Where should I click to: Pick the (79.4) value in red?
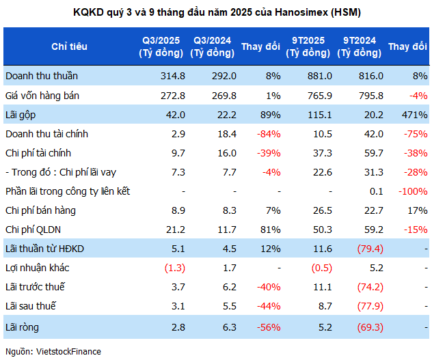point(363,249)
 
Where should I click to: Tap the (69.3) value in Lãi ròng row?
point(363,327)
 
